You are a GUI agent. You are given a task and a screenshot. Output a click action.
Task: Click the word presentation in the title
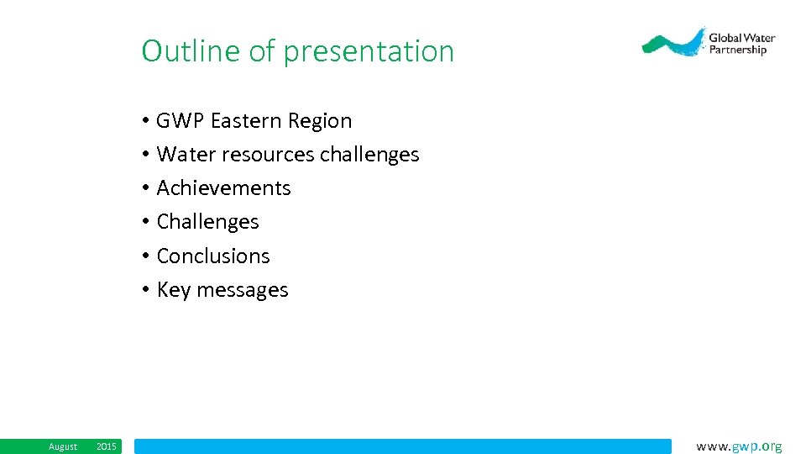369,52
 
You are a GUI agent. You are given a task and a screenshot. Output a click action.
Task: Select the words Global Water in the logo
741,38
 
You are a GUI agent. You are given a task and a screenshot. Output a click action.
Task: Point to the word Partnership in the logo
737,50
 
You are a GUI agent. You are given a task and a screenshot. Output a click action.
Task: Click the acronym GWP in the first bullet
181,121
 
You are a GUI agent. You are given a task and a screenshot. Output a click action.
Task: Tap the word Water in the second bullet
186,155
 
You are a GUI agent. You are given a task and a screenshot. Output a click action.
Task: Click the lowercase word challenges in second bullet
369,155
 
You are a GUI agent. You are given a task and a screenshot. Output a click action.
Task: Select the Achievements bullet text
223,188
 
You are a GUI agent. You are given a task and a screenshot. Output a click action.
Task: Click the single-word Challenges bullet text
207,222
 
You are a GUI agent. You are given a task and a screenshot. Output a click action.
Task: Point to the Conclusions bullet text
213,256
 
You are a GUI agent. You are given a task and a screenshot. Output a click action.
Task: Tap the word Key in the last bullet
174,290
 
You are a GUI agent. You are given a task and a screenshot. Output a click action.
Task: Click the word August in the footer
63,446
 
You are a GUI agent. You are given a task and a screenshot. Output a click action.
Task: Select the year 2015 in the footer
107,446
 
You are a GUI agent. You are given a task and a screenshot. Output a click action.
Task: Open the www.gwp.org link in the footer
739,446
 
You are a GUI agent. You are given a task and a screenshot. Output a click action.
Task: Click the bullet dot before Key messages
145,290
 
